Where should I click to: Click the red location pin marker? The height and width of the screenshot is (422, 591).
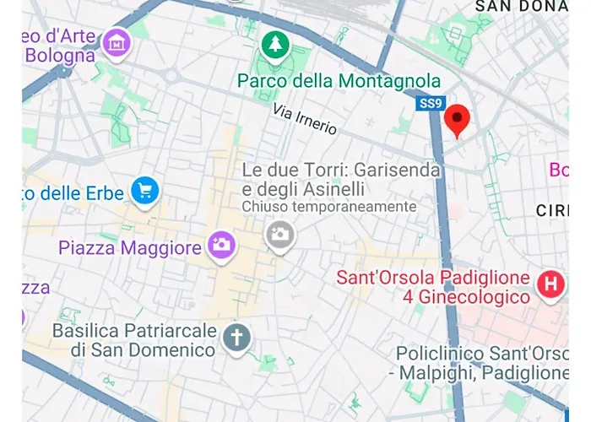click(457, 120)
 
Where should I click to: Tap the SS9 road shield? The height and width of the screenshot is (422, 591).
click(430, 104)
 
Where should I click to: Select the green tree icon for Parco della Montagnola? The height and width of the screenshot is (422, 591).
click(274, 46)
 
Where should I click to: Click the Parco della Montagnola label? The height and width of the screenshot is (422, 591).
click(339, 81)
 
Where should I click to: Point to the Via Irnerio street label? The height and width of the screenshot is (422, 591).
click(305, 120)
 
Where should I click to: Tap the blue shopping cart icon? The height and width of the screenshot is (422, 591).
click(146, 191)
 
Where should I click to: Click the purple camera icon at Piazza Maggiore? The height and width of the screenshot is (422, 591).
click(222, 246)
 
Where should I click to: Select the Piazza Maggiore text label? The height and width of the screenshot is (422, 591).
click(130, 248)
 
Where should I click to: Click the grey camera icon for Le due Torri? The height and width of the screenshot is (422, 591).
click(279, 234)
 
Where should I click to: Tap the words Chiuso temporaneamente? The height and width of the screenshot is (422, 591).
click(329, 207)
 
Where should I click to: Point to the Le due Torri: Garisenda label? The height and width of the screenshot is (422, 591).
click(341, 170)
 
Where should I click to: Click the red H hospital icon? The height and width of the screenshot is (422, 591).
click(550, 285)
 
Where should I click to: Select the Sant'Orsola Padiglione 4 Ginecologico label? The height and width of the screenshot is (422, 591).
click(432, 287)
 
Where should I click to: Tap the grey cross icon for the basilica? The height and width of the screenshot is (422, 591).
click(236, 338)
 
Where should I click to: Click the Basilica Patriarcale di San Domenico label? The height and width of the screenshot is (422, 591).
click(135, 339)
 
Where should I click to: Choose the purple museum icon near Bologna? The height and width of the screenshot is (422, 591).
click(116, 41)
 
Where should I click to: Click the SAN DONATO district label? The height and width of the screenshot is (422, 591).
click(521, 6)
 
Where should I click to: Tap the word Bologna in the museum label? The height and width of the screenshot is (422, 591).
click(60, 57)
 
